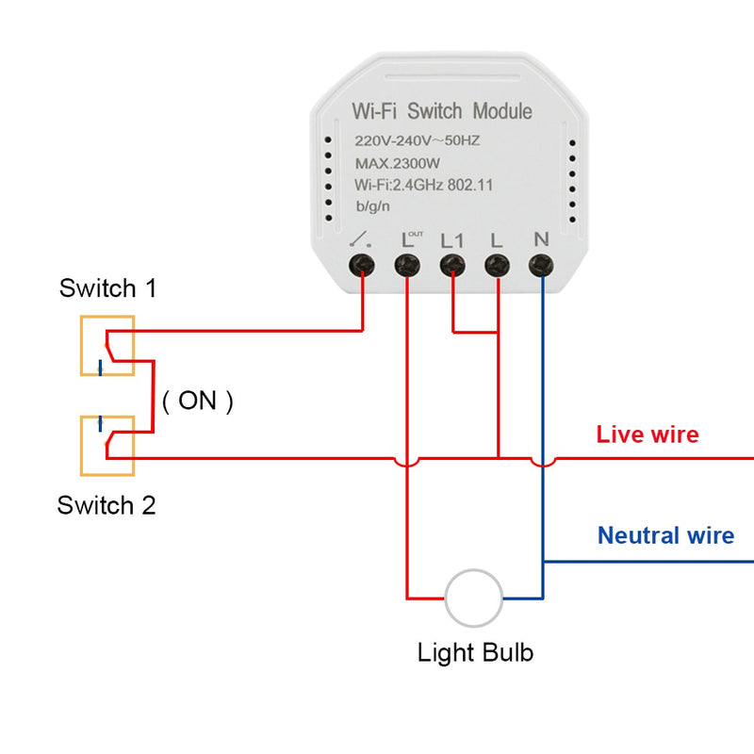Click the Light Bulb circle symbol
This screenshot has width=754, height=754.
click(x=473, y=598)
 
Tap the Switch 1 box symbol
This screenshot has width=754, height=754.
click(x=107, y=346)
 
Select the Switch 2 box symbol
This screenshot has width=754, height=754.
click(x=107, y=445)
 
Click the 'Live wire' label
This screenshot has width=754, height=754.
click(x=647, y=434)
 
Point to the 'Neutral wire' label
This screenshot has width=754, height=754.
click(x=665, y=536)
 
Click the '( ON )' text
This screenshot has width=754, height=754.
click(x=197, y=401)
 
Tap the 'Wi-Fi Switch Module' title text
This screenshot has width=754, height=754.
click(x=442, y=111)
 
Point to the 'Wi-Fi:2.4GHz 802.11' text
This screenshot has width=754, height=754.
click(x=423, y=185)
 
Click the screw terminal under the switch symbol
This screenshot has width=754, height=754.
click(x=362, y=266)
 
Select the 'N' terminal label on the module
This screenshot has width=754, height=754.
click(x=541, y=238)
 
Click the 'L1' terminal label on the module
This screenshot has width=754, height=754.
click(x=452, y=239)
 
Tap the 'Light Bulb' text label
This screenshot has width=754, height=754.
click(x=475, y=652)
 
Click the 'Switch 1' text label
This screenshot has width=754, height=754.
click(x=107, y=288)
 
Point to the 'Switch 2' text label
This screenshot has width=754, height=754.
click(x=107, y=505)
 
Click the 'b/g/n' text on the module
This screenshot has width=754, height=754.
click(x=375, y=206)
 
